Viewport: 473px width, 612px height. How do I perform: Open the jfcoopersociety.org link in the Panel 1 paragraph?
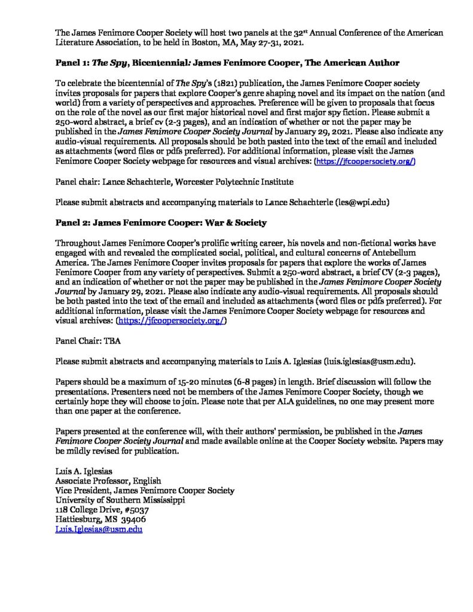[x=365, y=162]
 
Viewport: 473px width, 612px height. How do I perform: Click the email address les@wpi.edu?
[x=358, y=202]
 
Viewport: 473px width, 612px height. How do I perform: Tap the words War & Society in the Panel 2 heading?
[x=232, y=222]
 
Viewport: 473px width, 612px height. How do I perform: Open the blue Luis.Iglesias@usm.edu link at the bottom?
[x=99, y=530]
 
